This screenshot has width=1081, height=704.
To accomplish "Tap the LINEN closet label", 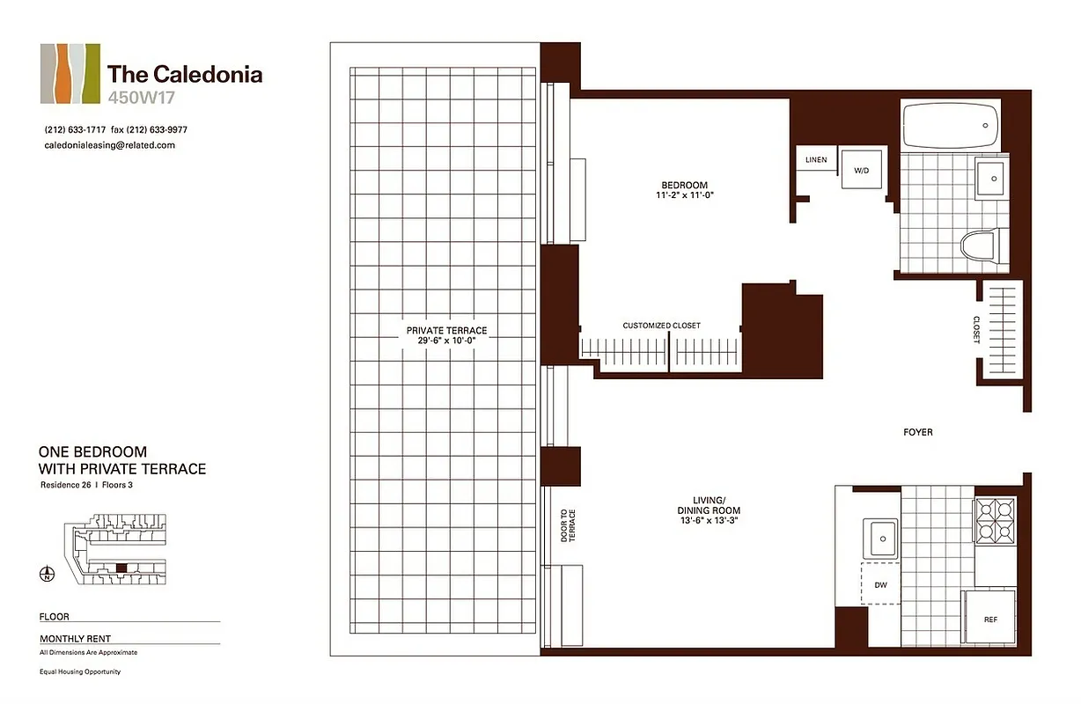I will click(x=816, y=159).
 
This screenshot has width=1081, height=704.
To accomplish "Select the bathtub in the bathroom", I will click(x=951, y=125).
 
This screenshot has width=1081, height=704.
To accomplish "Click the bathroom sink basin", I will click(x=993, y=179).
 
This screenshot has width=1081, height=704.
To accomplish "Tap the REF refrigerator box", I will click(x=990, y=619).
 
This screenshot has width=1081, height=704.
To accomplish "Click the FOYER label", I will click(x=917, y=432).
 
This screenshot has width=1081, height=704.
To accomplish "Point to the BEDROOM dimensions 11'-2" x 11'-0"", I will click(x=684, y=195).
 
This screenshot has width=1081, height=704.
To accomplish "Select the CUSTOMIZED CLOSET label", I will click(x=661, y=326).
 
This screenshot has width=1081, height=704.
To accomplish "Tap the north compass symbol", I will click(x=47, y=576).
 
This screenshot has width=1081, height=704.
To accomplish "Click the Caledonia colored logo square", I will click(x=70, y=74).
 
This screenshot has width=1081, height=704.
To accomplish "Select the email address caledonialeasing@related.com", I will click(x=109, y=145).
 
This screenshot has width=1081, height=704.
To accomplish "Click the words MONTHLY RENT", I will click(x=75, y=639).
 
